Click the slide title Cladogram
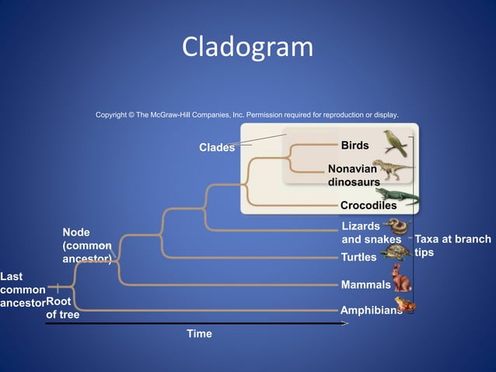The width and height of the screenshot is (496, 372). tap(247, 48)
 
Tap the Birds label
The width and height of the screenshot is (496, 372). tap(355, 146)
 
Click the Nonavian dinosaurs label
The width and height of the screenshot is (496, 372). tap(353, 175)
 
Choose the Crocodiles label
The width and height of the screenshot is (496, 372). tap(369, 206)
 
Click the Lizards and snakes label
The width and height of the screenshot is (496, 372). tap(371, 233)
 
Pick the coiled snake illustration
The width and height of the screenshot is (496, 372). tap(398, 226)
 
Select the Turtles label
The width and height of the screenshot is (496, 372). tap(359, 257)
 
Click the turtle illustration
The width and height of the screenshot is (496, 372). tap(396, 252)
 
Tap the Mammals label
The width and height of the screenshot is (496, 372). tap(365, 285)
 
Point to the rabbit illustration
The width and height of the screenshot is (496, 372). tap(400, 277)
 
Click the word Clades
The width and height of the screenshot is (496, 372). tap(217, 148)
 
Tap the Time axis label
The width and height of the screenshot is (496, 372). tap(199, 334)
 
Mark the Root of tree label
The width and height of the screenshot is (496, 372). tap(61, 308)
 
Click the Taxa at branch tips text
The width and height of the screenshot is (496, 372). tap(452, 246)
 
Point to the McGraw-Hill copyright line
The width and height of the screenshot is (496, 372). tap(247, 114)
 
